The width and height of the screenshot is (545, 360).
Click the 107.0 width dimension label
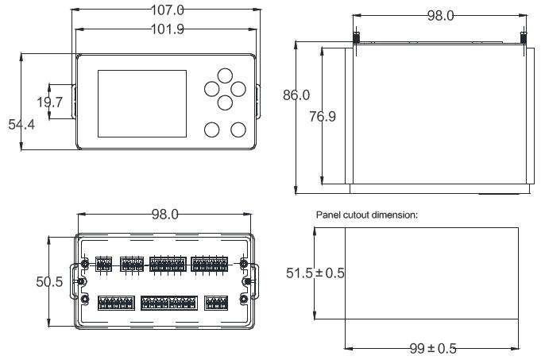coord(168,10)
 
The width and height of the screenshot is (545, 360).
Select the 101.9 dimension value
coord(168,29)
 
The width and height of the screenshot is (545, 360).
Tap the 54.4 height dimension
coord(21,124)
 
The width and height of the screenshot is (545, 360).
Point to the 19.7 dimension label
coord(50,103)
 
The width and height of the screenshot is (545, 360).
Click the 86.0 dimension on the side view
coord(296,95)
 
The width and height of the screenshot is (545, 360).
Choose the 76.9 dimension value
coord(323,116)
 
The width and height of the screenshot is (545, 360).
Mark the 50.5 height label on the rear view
coord(50,282)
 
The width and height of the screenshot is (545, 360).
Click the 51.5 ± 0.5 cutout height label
coord(315,273)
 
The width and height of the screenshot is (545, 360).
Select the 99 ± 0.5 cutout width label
coord(433,348)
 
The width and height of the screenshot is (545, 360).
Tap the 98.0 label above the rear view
coord(165,215)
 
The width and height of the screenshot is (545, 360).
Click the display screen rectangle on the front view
coord(142,103)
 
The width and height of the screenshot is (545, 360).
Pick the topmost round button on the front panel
coord(225,75)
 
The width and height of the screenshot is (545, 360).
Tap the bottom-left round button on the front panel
coord(211,130)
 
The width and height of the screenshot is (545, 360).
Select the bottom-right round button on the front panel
coord(238,130)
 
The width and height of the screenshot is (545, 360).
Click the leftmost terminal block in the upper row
coord(103,264)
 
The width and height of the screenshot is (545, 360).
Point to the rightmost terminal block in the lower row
coord(216,303)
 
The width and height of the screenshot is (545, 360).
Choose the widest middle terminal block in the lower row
coord(169,303)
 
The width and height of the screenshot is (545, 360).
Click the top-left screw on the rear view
coord(84,263)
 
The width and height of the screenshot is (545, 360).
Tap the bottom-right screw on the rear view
coord(245,299)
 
